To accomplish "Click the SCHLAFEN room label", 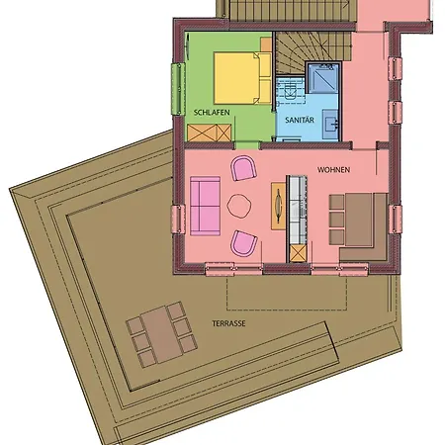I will pos(213,112).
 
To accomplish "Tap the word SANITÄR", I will pos(299,119).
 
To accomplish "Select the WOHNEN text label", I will pos(334,169).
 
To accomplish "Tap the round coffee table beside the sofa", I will pos(240,206).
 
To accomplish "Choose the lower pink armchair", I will pos(243,242).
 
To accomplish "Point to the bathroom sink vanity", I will pos(333,121).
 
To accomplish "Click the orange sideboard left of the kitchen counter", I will pos(279,207).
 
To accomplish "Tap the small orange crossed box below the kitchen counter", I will pos(297,250).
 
